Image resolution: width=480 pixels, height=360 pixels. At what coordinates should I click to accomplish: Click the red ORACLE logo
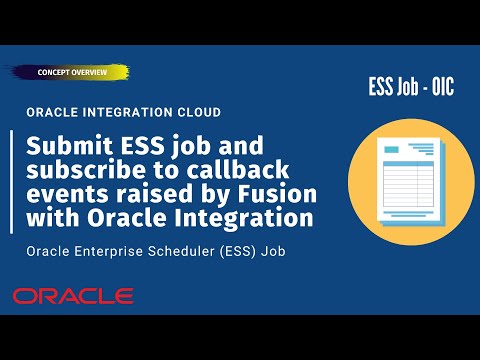tap(73, 296)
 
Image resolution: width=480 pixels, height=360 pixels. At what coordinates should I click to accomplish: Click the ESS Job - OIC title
tap(409, 87)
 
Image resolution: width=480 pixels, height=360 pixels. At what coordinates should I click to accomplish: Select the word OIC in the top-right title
tap(439, 87)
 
